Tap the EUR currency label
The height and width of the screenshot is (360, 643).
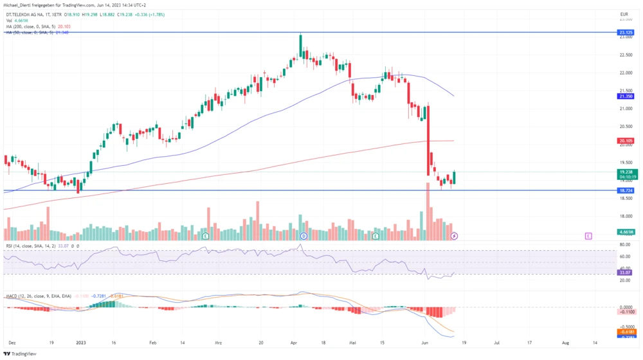623,14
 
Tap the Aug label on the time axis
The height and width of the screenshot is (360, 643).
565,343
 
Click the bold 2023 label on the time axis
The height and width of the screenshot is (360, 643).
80,343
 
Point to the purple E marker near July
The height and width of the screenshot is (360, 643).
588,237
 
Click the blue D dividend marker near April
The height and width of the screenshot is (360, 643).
303,237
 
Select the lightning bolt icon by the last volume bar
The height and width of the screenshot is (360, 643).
455,237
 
